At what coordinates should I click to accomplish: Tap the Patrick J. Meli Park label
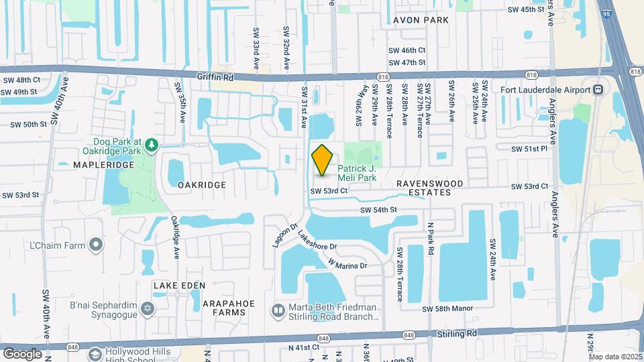click(x=356, y=173)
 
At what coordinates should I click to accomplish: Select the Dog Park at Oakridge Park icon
click(x=152, y=144)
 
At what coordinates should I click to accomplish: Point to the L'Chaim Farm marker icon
click(x=97, y=245)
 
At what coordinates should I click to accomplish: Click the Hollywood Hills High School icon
click(x=95, y=353)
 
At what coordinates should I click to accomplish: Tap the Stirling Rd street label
click(x=462, y=333)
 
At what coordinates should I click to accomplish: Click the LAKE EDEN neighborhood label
click(x=179, y=286)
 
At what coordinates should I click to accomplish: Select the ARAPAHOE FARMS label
click(x=229, y=308)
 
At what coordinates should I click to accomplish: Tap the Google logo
click(x=22, y=353)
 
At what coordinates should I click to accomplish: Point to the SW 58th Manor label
click(x=447, y=308)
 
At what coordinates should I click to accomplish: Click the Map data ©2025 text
click(x=615, y=356)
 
